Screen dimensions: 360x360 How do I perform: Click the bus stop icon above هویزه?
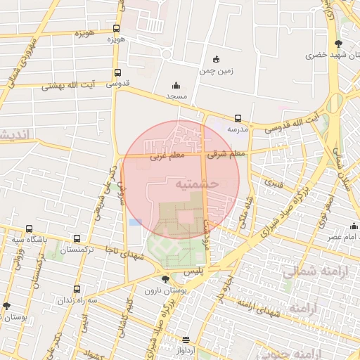pos(116,29)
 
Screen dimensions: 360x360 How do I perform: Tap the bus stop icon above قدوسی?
pos(117,72)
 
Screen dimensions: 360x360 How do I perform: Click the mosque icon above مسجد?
pos(175,84)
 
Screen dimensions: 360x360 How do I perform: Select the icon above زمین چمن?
pos(216,59)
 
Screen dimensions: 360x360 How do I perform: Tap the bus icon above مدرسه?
pos(238,118)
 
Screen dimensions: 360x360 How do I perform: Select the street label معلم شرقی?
pos(227,153)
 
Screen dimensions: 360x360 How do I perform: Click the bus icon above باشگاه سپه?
pos(29,229)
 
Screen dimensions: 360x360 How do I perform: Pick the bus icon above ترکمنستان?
pos(77,239)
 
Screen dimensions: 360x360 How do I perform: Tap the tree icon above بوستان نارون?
pos(165,279)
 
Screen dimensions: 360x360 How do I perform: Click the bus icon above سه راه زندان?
pos(77,289)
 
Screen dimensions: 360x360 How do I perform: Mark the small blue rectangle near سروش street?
pos(135,222)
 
